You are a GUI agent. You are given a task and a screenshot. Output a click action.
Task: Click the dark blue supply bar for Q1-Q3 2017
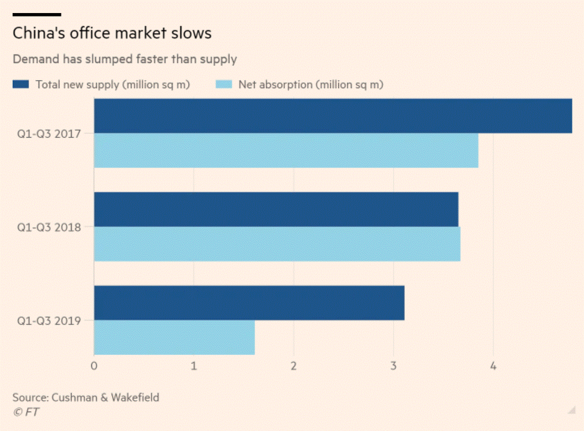[333, 116]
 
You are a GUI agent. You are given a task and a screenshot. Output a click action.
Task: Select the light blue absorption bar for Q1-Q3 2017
[286, 151]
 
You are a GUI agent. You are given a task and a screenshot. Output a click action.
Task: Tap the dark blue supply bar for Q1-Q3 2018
[276, 210]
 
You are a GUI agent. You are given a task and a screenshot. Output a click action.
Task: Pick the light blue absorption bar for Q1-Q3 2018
[277, 244]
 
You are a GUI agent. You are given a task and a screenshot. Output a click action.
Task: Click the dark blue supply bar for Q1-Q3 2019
[249, 303]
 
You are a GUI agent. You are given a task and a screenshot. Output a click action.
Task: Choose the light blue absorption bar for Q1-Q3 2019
[174, 337]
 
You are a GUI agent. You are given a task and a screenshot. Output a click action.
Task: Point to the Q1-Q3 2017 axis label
[49, 134]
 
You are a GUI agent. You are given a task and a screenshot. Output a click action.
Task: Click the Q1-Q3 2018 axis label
[49, 227]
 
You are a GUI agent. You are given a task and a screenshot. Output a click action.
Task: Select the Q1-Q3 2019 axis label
[49, 321]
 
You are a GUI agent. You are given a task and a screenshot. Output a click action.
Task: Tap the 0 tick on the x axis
[94, 366]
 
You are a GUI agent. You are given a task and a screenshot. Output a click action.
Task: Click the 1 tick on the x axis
[194, 366]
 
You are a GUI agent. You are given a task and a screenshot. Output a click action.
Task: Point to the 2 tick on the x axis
[294, 366]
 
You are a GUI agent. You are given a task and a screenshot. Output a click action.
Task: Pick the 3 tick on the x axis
[394, 366]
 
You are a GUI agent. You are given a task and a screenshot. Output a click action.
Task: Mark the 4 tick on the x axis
[493, 366]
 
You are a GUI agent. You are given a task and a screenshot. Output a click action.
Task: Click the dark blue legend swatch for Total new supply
[21, 84]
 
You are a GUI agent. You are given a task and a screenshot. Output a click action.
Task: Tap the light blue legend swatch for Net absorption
[224, 84]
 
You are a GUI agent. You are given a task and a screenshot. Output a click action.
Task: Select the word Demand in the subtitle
[36, 59]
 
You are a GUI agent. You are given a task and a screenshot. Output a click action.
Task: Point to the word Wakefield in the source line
[135, 398]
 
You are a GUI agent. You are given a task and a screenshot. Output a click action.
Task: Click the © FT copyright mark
[26, 412]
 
